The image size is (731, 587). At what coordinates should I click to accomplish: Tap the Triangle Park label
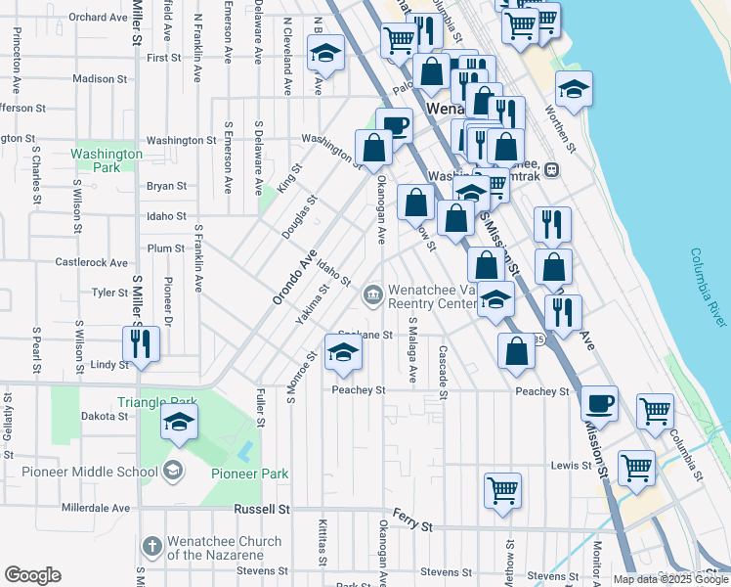click(x=156, y=401)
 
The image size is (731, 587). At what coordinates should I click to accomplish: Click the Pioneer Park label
click(x=250, y=474)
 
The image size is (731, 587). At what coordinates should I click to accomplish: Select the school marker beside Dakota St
click(x=180, y=421)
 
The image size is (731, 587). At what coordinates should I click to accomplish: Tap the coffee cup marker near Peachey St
click(x=599, y=402)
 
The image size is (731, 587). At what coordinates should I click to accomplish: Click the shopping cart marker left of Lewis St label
click(x=636, y=467)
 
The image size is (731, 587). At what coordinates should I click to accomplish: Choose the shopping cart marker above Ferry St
click(x=502, y=490)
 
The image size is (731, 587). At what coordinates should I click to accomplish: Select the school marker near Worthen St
click(x=575, y=89)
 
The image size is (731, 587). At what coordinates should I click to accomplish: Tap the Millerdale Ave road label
click(x=96, y=509)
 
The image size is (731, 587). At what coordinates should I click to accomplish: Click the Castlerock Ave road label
click(x=92, y=262)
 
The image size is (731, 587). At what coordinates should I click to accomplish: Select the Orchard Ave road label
click(x=101, y=18)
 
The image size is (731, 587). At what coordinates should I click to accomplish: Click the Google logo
click(x=32, y=575)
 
